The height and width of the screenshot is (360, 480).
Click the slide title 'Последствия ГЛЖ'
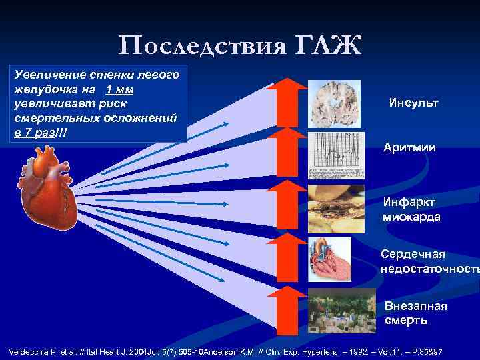tap(240, 45)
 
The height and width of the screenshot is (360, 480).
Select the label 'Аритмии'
tap(409, 147)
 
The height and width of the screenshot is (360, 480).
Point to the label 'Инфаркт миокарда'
tap(411, 209)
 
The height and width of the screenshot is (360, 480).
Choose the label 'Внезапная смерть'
tap(416, 313)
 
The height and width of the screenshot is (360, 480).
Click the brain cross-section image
tap(335, 104)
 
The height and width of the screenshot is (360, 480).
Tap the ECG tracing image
tap(337, 155)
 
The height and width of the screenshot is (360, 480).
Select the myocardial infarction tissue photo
tap(337, 207)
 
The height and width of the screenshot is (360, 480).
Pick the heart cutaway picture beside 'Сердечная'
tap(329, 259)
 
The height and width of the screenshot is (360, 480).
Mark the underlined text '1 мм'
tap(119, 90)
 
